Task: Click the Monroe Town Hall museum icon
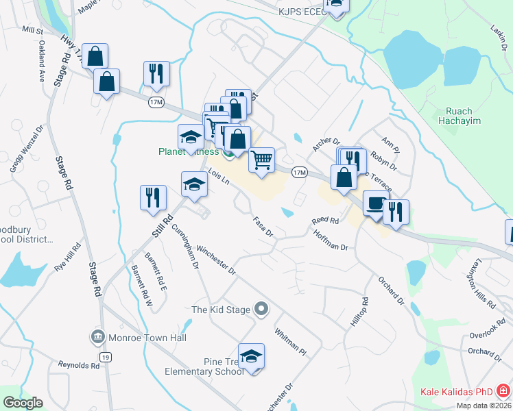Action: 97,337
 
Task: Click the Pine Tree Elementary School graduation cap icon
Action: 251,356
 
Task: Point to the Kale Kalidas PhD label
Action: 456,393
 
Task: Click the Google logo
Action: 23,403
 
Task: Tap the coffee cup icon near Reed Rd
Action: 374,203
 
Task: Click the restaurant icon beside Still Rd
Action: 153,197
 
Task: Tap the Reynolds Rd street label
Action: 79,365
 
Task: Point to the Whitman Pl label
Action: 290,338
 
